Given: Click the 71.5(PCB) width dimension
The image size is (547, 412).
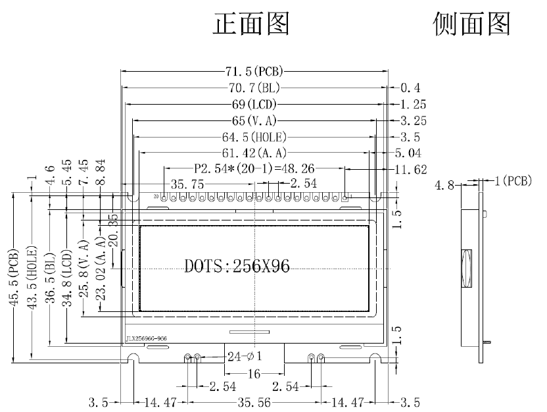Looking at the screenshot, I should coord(253,71).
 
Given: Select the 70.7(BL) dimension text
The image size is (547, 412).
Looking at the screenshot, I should coord(254,88).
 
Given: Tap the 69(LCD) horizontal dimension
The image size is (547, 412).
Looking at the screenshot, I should coord(254,104).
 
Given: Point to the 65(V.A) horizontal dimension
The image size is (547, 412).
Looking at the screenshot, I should coord(254,120).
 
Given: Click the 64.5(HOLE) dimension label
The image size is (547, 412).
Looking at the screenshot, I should coord(254,137).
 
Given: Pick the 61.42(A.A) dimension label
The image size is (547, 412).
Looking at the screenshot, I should coord(254,153).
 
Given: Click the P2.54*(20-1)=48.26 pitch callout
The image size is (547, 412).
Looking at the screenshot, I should coord(254,168).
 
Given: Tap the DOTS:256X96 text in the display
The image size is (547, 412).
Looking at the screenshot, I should coord(237,266).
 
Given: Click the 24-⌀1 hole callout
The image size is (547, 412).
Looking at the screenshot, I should coord(245,357).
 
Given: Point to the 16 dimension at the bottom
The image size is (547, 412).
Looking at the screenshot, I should coord(254,374).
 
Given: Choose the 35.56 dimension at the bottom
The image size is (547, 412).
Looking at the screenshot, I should coord(253,401).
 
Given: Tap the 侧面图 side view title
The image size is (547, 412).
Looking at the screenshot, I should coord(472,24).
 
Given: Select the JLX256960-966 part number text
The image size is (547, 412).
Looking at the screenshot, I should coord(146,338).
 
